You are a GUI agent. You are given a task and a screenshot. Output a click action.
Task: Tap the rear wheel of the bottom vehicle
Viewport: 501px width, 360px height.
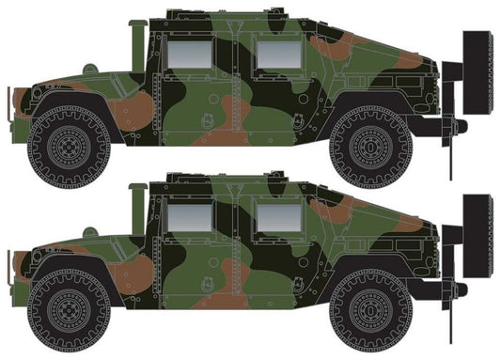tap(370, 316)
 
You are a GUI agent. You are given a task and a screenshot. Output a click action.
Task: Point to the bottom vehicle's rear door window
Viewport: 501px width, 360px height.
tap(276, 220)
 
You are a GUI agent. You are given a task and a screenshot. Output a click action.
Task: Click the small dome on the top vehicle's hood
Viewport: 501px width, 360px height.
tap(89, 69)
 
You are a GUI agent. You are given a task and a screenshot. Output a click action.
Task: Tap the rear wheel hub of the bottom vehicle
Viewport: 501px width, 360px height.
tap(370, 316)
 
